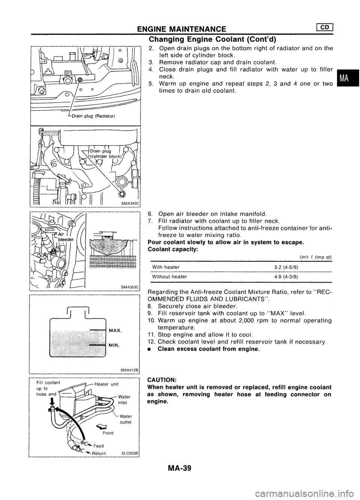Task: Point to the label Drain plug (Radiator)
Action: point(94,115)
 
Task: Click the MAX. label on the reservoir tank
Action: point(114,331)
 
